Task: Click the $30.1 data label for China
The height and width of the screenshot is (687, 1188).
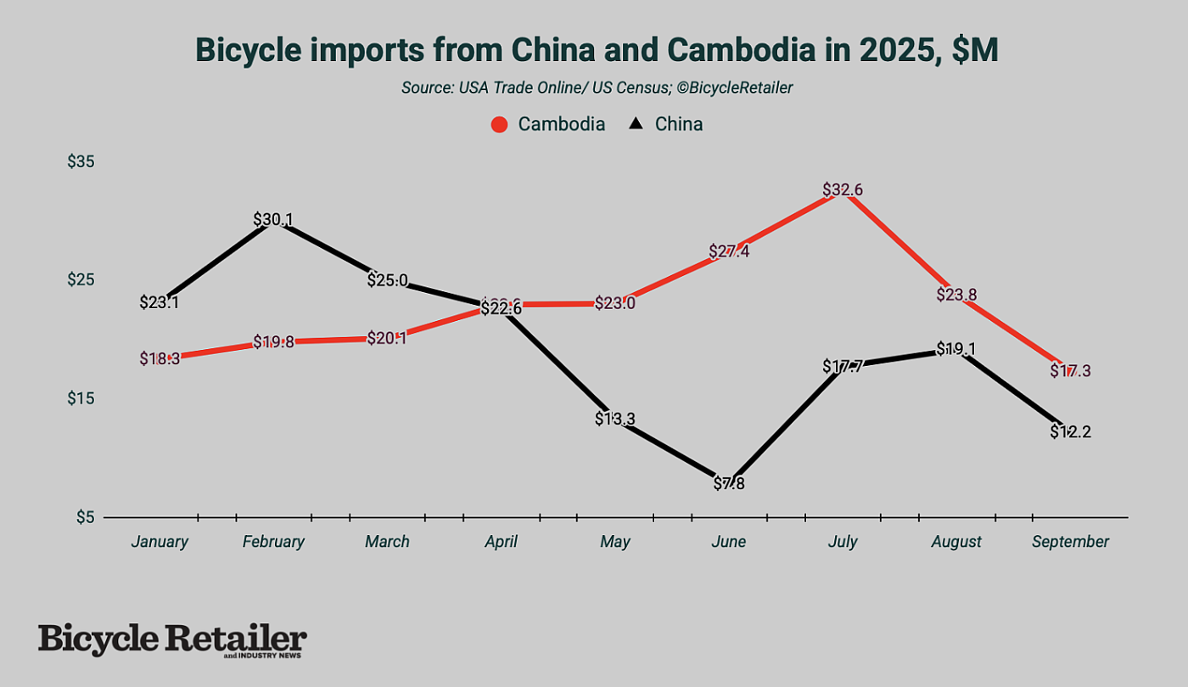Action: point(273,220)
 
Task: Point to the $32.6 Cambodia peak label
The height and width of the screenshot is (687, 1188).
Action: point(843,190)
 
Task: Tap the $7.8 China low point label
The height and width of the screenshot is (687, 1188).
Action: point(729,484)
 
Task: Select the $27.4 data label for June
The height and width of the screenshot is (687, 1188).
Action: point(729,252)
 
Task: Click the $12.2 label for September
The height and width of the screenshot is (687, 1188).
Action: point(1070,431)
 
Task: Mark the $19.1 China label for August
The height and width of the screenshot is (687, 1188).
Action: point(956,349)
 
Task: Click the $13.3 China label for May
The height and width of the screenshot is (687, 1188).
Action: point(615,419)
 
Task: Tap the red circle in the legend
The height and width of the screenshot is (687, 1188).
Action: point(500,124)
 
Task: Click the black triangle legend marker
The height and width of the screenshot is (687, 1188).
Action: point(635,124)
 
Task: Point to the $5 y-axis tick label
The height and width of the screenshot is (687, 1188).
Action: point(85,517)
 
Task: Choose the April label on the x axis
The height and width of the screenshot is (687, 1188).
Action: point(500,542)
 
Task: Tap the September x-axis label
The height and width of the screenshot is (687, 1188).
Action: point(1070,542)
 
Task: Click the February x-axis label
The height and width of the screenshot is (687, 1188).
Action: point(273,542)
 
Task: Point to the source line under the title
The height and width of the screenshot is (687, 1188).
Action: point(597,87)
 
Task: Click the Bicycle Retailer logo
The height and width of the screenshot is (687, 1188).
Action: point(172,640)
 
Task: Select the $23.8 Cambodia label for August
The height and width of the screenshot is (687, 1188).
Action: point(956,295)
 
